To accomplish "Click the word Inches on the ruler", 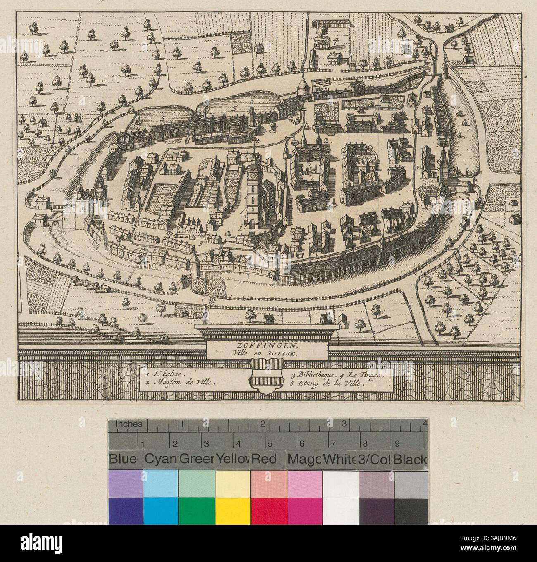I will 128,424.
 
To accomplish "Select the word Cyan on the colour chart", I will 160,460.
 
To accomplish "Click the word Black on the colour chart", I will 410,460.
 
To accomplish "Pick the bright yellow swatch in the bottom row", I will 233,510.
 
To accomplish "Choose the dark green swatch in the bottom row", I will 196,510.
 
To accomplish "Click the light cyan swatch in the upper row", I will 161,483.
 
